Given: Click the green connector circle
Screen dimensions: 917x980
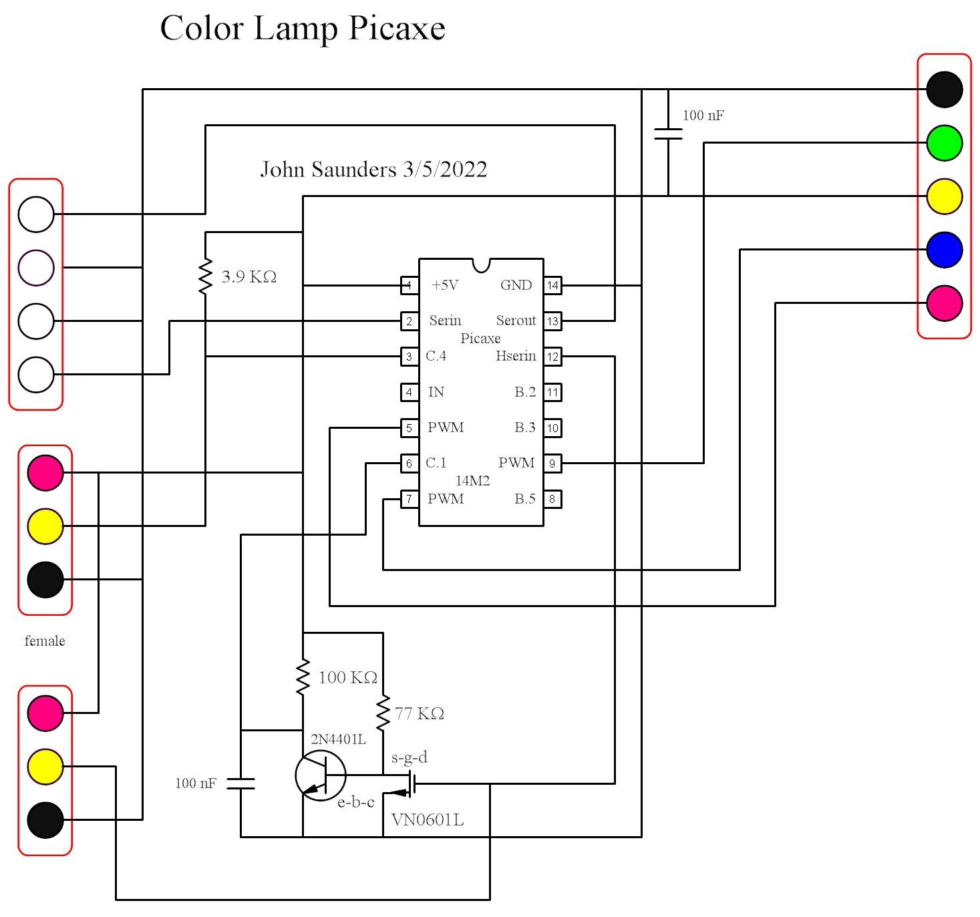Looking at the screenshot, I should pos(944,143).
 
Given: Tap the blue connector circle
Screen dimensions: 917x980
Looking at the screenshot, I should pos(944,250).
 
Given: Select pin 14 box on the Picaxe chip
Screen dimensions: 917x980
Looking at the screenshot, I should pos(552,286).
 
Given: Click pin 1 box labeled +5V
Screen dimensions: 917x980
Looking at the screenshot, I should pos(409,286).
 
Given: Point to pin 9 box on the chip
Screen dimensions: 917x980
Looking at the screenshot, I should pos(552,464).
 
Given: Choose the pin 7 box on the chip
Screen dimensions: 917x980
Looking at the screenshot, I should pos(409,499).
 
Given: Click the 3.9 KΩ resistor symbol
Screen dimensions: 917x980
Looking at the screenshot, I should pos(205,277).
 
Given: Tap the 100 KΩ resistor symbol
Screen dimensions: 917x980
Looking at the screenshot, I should pos(303,677).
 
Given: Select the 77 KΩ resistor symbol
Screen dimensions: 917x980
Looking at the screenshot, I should pos(383,713).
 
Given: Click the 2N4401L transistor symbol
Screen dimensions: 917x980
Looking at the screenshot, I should pos(321,775).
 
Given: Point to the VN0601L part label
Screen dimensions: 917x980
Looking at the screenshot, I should pos(428,820).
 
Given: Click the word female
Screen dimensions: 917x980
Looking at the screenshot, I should pos(45,641).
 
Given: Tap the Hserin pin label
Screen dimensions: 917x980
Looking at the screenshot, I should pos(516,356).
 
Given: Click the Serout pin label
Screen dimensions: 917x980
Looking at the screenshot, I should pos(516,321).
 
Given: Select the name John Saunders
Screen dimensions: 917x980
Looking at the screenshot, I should pos(329,170).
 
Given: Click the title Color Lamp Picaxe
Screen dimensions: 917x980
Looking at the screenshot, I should pos(303,29).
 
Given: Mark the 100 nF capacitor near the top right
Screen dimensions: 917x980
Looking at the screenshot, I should pos(668,134).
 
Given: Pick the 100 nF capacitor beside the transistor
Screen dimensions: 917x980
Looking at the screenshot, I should pos(240,783).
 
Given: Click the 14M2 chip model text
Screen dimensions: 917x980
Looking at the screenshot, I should pos(472,481).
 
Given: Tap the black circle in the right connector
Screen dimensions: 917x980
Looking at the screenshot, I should pos(944,89).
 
